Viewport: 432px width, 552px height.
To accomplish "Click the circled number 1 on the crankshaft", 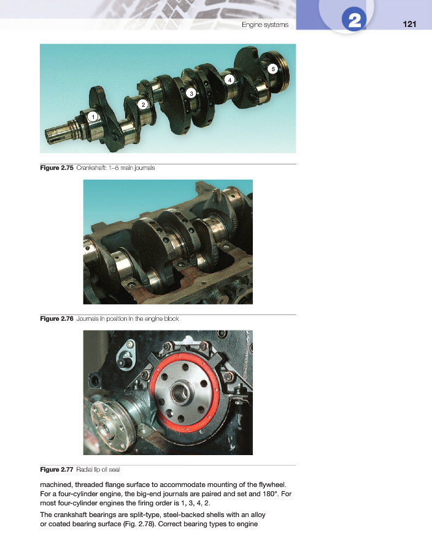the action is [93, 117].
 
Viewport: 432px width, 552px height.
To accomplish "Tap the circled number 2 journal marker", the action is [143, 104].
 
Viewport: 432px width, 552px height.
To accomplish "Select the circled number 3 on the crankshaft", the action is [191, 93].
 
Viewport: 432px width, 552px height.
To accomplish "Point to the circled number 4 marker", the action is [229, 80].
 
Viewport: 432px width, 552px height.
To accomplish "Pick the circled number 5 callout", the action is [273, 69].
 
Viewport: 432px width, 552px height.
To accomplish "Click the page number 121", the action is [409, 24].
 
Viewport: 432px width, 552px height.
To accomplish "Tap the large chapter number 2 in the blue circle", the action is [354, 20].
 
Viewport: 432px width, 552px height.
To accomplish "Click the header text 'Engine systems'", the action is [265, 25].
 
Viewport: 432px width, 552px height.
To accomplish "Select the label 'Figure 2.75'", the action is [56, 168].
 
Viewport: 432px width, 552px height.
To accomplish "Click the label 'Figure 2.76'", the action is [56, 318].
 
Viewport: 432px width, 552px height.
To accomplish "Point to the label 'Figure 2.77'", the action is [56, 469].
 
